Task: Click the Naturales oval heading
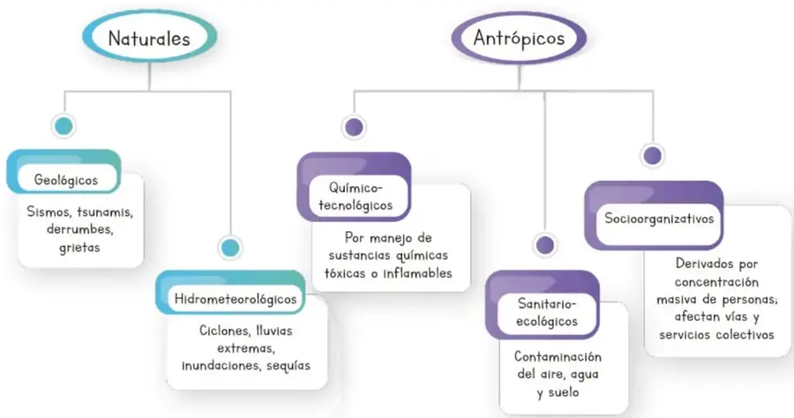click(149, 36)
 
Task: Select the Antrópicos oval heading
click(519, 37)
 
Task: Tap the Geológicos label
click(66, 180)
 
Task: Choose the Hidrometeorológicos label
click(236, 299)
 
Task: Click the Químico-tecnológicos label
click(356, 197)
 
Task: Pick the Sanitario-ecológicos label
click(547, 312)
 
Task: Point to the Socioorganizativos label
click(659, 219)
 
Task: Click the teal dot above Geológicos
click(64, 125)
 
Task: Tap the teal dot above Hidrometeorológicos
click(230, 248)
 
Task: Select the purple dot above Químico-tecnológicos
click(354, 127)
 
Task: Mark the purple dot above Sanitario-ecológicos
click(545, 245)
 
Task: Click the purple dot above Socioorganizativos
click(652, 155)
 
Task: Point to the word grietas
click(79, 248)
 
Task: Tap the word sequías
click(288, 366)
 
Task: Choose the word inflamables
click(418, 273)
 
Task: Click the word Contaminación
click(558, 357)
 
